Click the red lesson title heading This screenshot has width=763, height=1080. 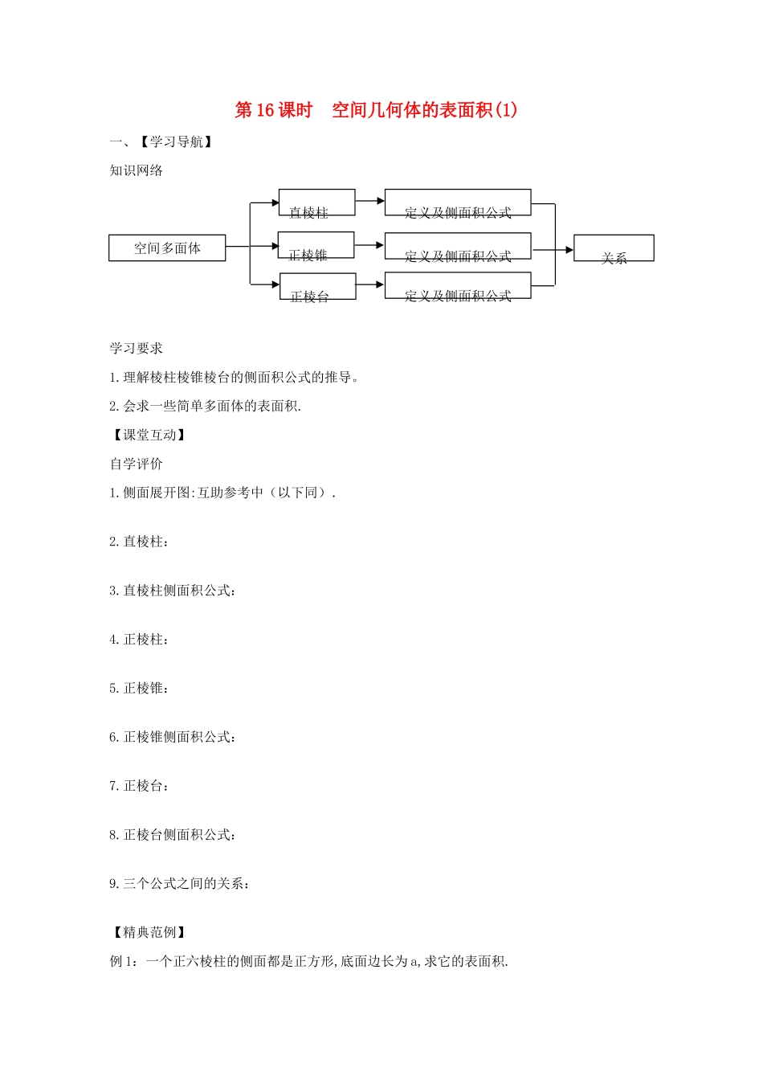[376, 110]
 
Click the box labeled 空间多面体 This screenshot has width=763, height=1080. [167, 248]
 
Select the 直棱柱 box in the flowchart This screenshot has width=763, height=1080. [316, 202]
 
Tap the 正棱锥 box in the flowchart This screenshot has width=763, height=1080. [316, 245]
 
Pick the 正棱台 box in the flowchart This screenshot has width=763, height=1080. [317, 287]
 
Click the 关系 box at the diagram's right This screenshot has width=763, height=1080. [614, 248]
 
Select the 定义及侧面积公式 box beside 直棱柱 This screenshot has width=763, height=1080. [458, 202]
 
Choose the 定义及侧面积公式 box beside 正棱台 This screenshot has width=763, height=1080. [458, 285]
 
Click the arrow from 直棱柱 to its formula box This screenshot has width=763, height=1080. [370, 201]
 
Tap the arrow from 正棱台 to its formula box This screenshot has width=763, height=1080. [370, 284]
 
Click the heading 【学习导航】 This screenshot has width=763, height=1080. [176, 142]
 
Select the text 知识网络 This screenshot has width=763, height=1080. [137, 170]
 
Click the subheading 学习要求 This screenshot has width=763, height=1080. [137, 348]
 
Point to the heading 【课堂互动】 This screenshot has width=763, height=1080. [149, 435]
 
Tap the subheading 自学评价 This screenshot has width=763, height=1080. [137, 464]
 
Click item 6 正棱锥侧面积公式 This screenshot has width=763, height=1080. [173, 737]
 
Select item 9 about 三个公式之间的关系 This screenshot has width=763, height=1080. [180, 884]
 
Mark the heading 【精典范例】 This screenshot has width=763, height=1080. [149, 932]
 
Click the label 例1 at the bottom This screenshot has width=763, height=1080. [124, 961]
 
